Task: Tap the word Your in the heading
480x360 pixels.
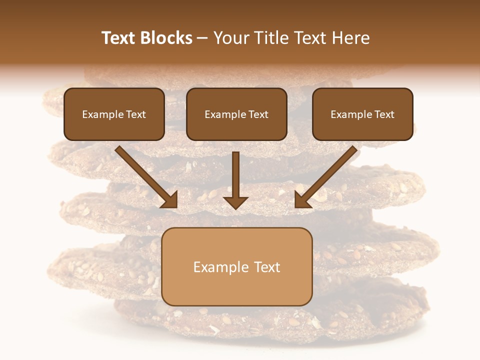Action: click(231, 38)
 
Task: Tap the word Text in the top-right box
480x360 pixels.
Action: click(384, 114)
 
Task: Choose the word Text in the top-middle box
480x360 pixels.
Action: click(258, 114)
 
